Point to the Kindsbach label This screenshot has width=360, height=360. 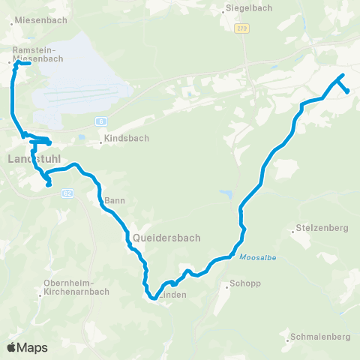(127, 139)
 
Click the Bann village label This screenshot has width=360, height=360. (114, 200)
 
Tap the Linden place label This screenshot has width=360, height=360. (172, 295)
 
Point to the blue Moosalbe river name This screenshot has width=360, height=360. (254, 256)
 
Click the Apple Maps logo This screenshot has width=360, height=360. (27, 347)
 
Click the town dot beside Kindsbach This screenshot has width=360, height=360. (100, 139)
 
